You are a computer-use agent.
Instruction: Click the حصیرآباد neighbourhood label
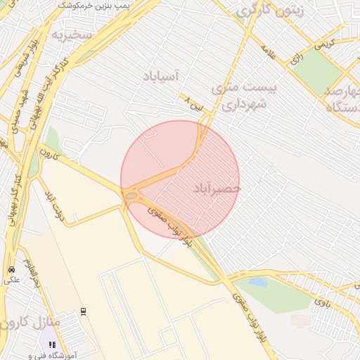click(x=216, y=188)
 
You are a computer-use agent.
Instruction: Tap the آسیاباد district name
click(x=161, y=76)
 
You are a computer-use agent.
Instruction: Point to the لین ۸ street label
click(x=193, y=102)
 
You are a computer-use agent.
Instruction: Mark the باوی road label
click(x=321, y=302)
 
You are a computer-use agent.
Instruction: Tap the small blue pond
click(x=257, y=283)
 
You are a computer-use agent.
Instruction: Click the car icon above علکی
click(x=11, y=270)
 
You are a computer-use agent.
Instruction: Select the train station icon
click(x=83, y=311)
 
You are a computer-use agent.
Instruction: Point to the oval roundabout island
click(x=131, y=195)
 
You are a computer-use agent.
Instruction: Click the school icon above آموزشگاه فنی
click(x=52, y=345)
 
